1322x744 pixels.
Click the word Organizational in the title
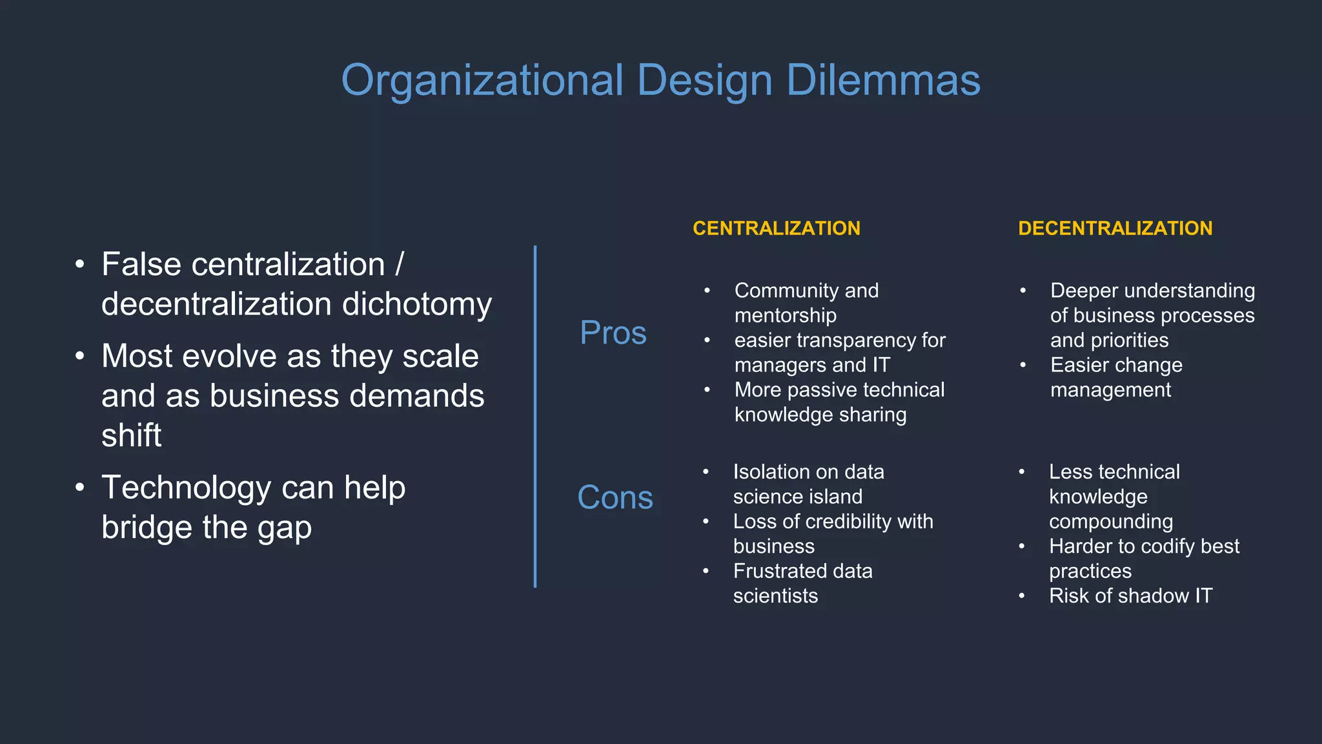tap(482, 81)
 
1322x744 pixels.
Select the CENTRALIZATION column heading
tap(776, 228)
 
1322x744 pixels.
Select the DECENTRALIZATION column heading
tap(1115, 228)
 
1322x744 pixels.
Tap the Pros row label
tap(613, 333)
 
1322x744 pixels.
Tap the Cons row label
tap(615, 497)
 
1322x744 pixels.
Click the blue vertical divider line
tap(535, 417)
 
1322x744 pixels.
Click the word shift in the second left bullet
tap(131, 435)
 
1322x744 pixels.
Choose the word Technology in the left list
tap(188, 488)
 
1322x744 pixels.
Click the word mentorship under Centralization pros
tap(785, 315)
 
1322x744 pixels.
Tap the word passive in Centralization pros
tap(822, 390)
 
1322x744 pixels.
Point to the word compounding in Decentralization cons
tap(1110, 522)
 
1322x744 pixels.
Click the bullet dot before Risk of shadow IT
tap(1022, 595)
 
